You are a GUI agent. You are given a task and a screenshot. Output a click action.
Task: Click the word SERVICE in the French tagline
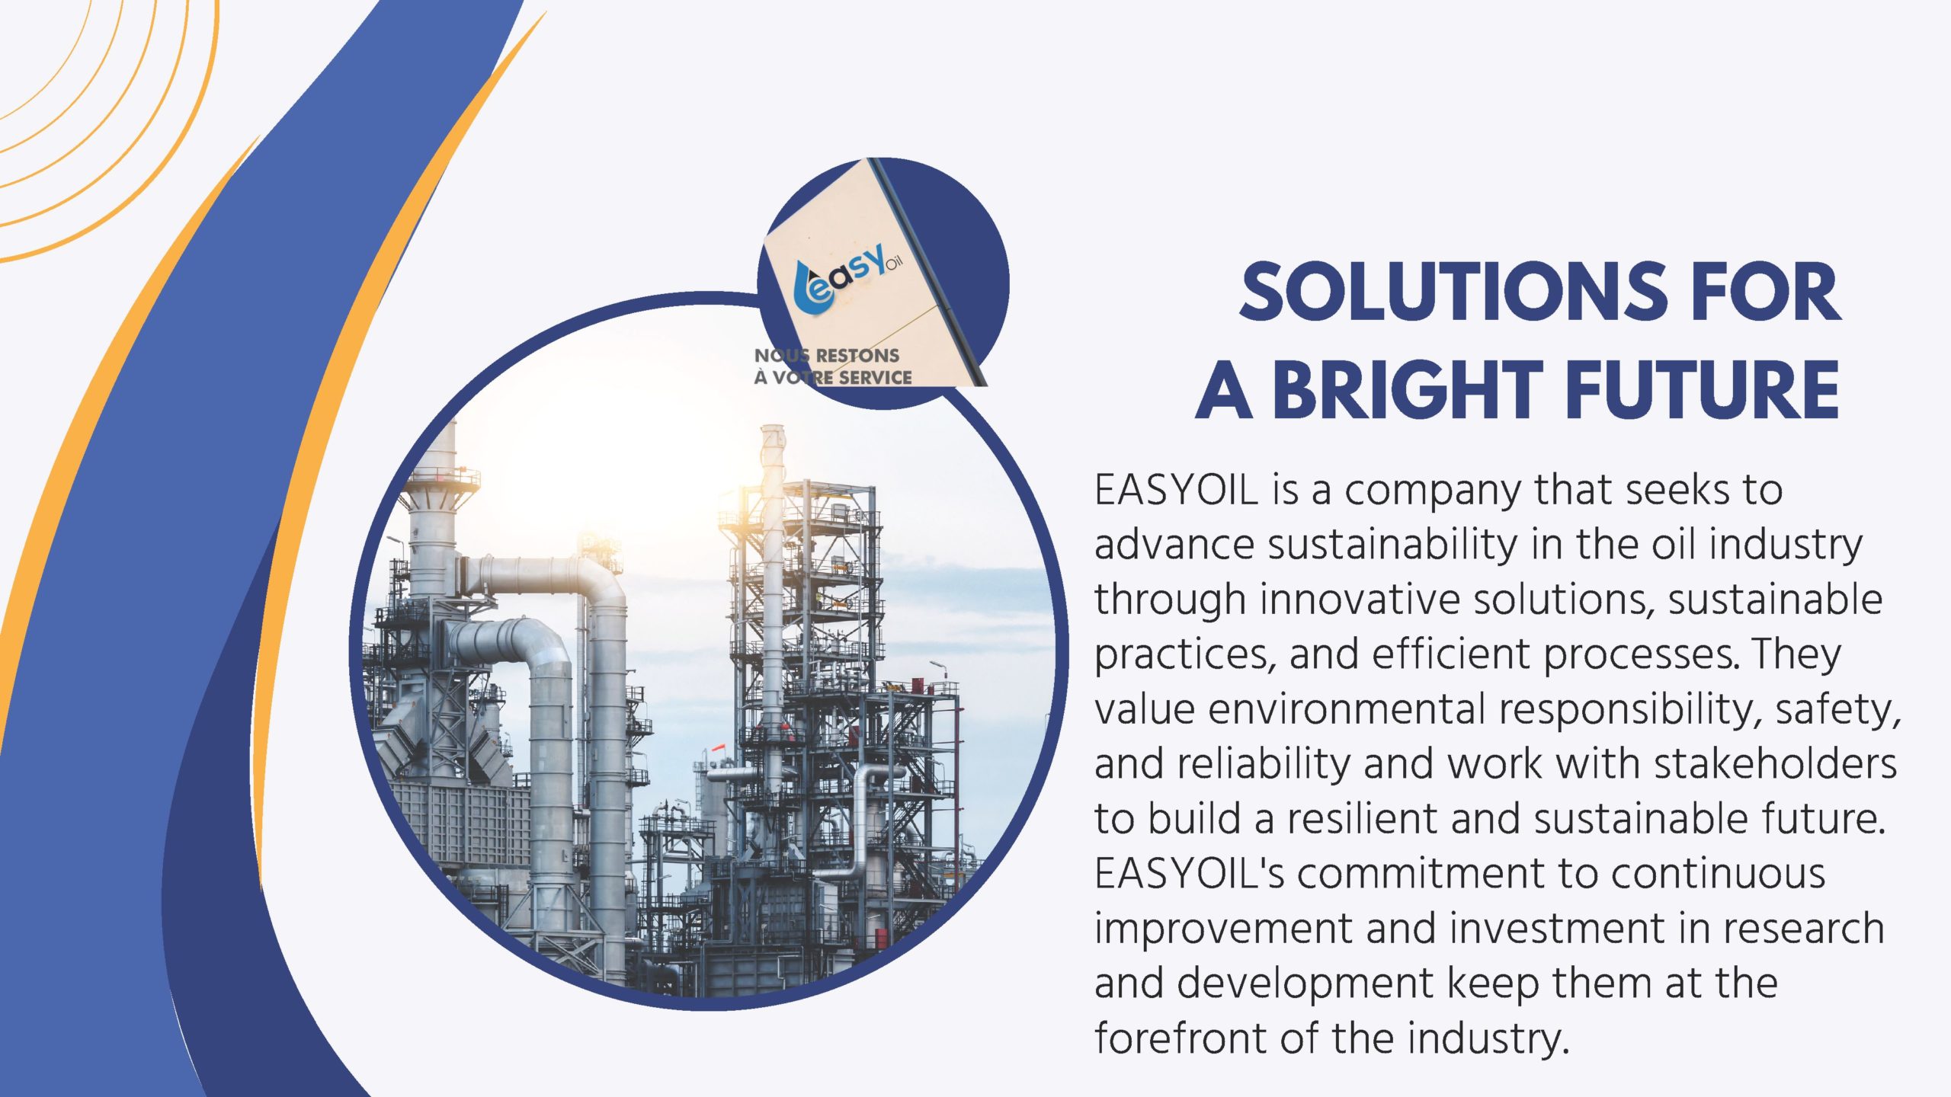pyautogui.click(x=875, y=377)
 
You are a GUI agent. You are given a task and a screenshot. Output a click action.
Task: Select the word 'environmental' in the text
pyautogui.click(x=1347, y=709)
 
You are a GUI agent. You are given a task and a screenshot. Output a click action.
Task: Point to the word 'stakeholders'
pyautogui.click(x=1775, y=764)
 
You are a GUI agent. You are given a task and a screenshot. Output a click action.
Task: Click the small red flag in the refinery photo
pyautogui.click(x=718, y=750)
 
